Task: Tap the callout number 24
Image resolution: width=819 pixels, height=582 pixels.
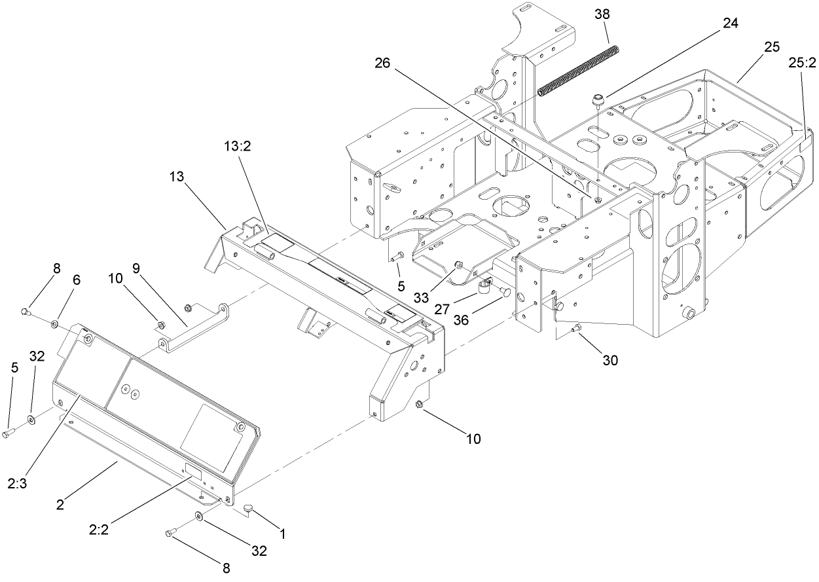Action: [730, 24]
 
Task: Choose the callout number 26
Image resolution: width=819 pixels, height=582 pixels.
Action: [384, 64]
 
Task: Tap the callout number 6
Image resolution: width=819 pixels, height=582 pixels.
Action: [77, 280]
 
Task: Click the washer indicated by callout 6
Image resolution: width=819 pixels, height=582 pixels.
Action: [55, 323]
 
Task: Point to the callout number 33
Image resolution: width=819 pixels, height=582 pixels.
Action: [422, 297]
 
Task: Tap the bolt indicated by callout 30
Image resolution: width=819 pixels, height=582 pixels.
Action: [576, 329]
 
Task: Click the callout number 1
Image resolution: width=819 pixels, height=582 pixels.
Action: [283, 534]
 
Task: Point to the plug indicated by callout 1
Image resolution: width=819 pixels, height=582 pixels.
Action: [249, 507]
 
